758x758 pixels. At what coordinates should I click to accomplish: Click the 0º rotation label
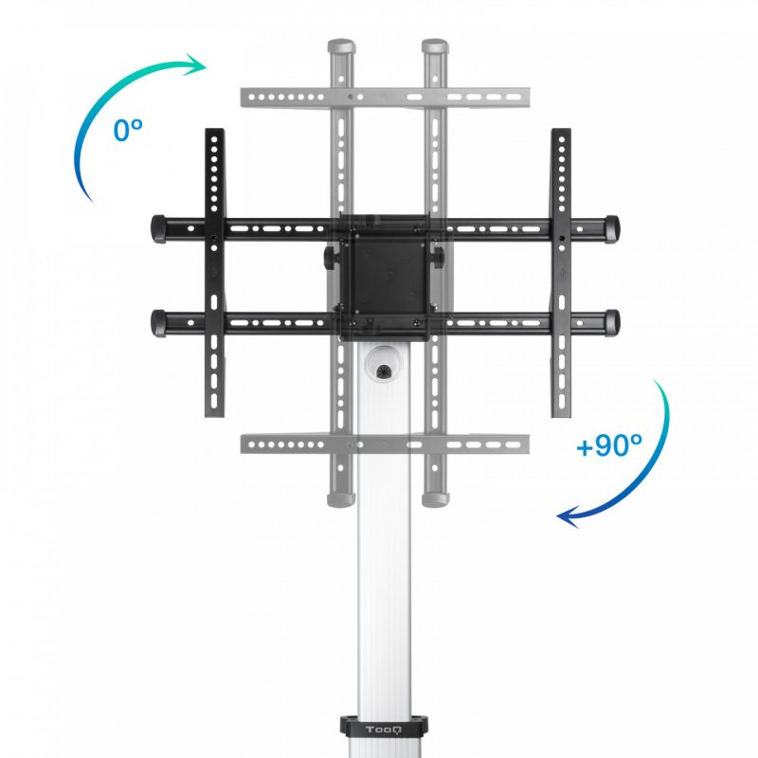pos(128,129)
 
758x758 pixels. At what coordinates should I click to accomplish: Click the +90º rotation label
pos(609,444)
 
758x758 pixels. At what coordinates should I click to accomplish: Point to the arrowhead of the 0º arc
pos(197,64)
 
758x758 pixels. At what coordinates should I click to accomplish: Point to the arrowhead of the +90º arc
pos(567,516)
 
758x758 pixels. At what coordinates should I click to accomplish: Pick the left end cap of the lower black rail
pos(157,321)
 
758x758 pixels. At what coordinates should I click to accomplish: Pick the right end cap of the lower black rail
pos(612,321)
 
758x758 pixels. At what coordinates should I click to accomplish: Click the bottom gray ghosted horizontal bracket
pos(385,443)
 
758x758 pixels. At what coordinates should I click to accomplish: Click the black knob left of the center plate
pos(331,257)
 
